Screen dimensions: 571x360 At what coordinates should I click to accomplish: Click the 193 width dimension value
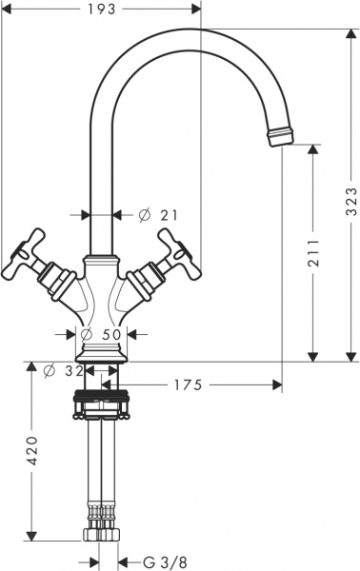point(104,10)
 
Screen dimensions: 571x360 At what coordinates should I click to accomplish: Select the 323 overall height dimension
point(350,197)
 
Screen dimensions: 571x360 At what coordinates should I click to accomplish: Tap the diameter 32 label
point(64,370)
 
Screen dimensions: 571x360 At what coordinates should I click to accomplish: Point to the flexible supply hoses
point(102,466)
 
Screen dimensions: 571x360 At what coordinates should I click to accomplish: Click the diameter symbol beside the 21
point(144,215)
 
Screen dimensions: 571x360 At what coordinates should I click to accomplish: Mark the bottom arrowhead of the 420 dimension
point(31,534)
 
